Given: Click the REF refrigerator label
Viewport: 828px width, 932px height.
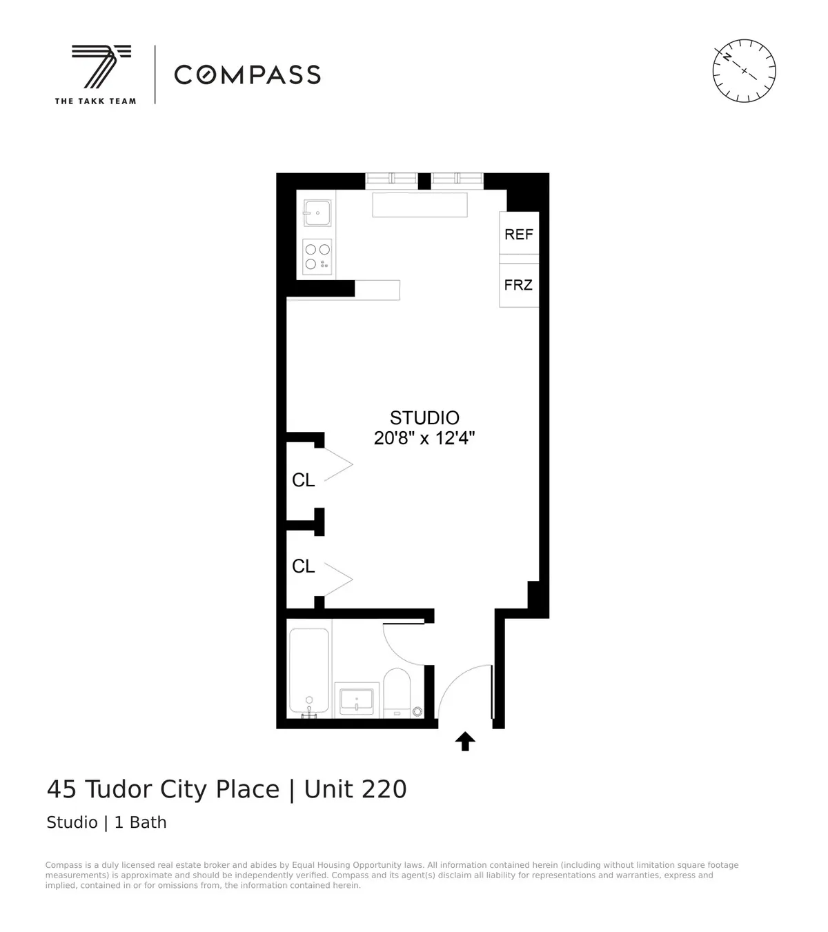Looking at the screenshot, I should (519, 235).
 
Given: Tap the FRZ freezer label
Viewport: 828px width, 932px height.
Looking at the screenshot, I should (519, 285).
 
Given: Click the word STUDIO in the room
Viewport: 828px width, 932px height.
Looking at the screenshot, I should (424, 417).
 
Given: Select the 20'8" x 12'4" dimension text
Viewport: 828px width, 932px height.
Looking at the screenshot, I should (424, 438).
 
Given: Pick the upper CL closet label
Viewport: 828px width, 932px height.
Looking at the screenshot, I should (304, 480).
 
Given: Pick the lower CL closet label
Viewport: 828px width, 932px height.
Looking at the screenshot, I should (304, 566).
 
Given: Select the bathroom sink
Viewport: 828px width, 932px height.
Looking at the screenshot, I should (357, 700).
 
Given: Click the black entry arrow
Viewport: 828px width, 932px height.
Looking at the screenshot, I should (465, 741).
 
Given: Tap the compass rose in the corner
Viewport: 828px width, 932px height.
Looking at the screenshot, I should (744, 71).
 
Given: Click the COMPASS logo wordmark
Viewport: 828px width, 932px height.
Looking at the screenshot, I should (247, 75).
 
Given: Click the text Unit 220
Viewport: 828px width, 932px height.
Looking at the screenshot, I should (355, 789).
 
